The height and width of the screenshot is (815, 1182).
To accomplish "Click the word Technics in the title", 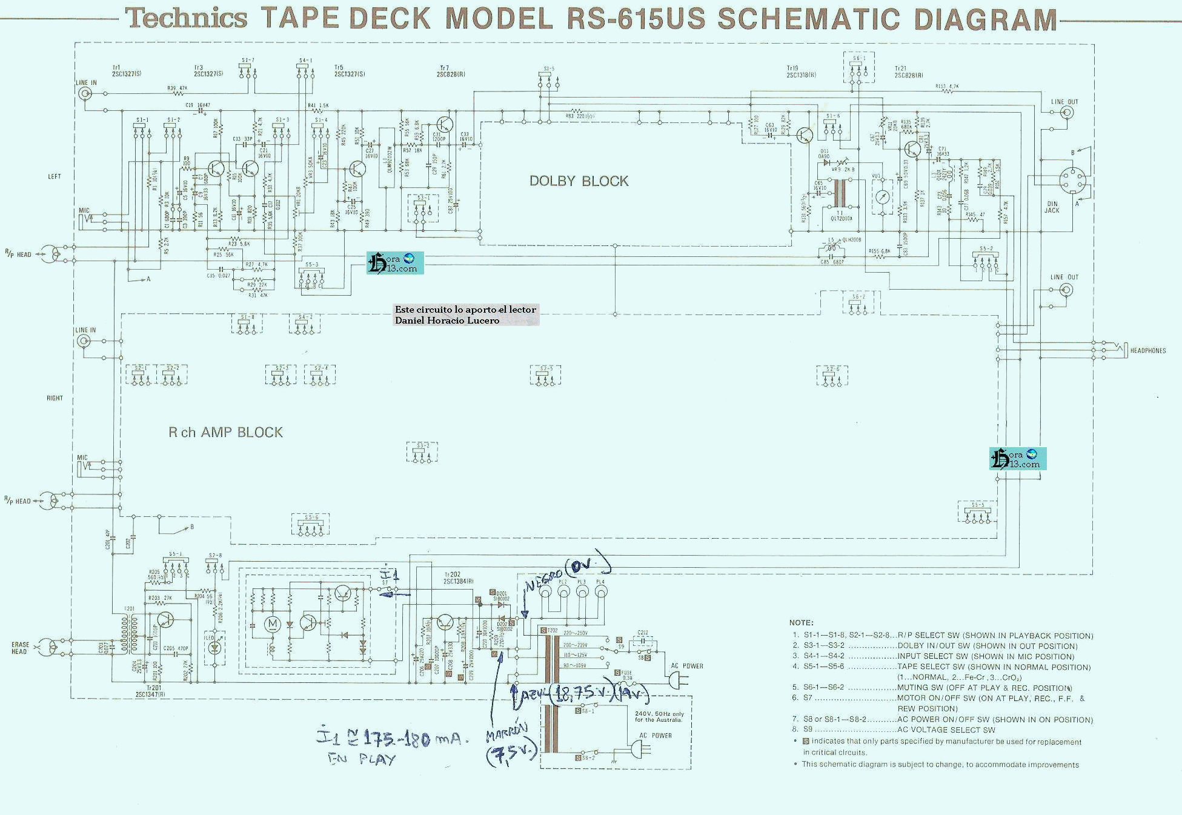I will point(187,19).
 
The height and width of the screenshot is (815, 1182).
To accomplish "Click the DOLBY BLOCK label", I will point(579,181).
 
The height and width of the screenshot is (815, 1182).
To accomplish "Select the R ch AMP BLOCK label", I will point(225,433).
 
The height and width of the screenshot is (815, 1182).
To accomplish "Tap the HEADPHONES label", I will point(1147,351).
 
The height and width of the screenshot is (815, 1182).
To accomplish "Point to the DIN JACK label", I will point(1052,207).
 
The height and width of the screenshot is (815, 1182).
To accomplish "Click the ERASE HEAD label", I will point(20,648).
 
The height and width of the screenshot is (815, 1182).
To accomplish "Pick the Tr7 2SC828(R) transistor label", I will point(451,71).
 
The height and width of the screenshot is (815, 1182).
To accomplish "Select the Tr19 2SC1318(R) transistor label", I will point(800,72).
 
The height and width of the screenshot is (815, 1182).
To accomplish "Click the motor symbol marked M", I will point(273,624).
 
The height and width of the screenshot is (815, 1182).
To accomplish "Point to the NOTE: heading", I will point(801,623).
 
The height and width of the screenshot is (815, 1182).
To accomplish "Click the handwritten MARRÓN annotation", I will point(507,734).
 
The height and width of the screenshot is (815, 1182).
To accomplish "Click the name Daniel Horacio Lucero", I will point(447,321).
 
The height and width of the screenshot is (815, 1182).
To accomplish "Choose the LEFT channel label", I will point(55,177).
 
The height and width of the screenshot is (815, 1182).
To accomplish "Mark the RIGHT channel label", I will point(55,398).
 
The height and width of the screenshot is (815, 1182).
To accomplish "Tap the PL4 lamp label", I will point(600,582).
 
